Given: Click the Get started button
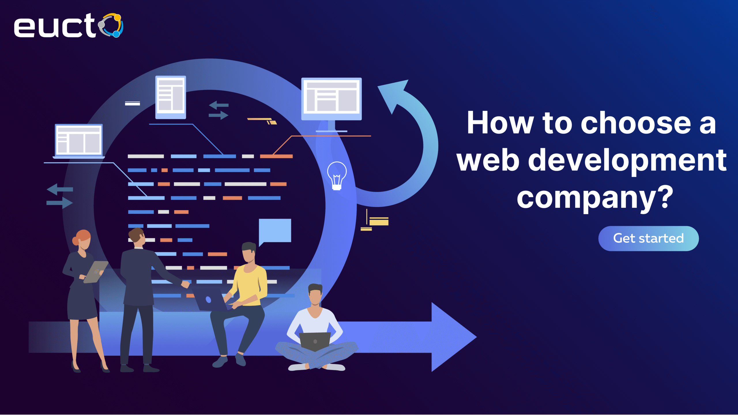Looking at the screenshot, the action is [x=648, y=238].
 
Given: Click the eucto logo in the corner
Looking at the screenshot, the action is [x=69, y=25].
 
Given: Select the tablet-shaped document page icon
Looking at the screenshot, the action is [x=171, y=97].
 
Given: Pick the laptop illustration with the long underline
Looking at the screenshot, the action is [x=79, y=141].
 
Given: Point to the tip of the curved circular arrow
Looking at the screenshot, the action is [x=378, y=86].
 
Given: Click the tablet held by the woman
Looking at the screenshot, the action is [x=96, y=272].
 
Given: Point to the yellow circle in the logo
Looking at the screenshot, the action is [x=117, y=17].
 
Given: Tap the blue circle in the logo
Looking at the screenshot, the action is [x=116, y=34].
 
